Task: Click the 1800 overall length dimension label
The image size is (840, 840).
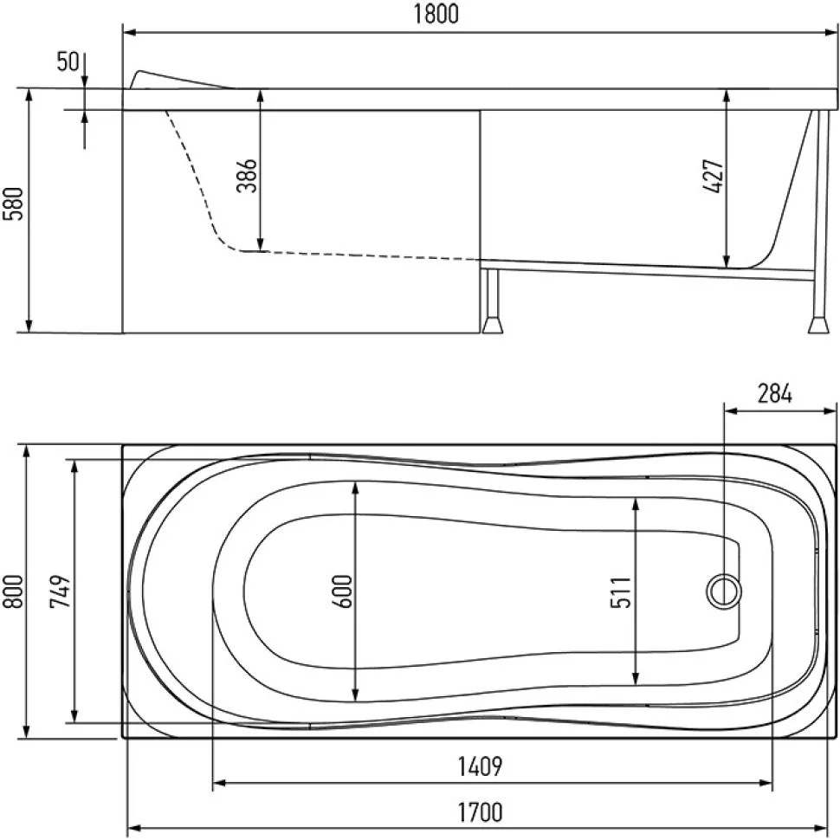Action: point(436,14)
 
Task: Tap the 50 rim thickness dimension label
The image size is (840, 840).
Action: point(68,61)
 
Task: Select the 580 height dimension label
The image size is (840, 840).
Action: point(13,204)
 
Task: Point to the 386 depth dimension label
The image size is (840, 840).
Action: point(247,176)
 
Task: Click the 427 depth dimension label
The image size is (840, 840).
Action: point(713,176)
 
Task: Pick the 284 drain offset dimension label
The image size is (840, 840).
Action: point(775,394)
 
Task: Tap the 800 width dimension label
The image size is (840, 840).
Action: point(13,591)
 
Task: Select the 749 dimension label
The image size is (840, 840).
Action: point(60,591)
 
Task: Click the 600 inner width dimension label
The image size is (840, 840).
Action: point(342,591)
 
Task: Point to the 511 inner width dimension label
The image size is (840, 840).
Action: point(621,592)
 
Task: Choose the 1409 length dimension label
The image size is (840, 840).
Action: point(480,766)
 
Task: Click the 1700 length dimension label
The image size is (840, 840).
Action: point(480,812)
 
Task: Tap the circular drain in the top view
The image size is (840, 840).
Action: point(724,591)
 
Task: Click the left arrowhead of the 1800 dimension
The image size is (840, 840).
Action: point(129,33)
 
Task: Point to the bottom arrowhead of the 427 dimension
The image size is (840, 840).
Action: point(727,262)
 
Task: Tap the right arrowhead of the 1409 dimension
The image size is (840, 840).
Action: point(766,783)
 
